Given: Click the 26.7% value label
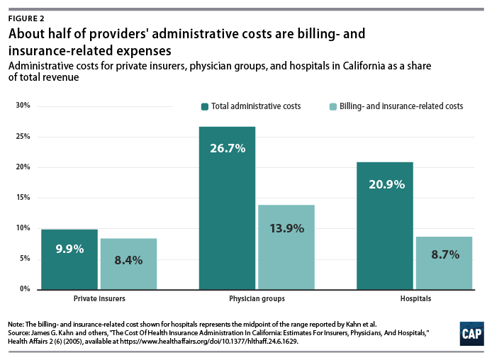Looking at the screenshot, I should [x=227, y=148].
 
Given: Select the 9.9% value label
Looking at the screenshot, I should [x=69, y=249].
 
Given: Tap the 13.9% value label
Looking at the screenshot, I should [x=286, y=227].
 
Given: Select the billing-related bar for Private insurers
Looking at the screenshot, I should [x=128, y=264].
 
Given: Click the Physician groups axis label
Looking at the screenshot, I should [x=257, y=299].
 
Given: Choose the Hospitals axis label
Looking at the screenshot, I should [x=414, y=299].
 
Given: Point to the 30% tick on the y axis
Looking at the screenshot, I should [x=23, y=106].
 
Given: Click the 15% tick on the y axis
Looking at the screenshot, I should [x=23, y=198].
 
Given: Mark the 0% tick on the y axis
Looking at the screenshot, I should [x=24, y=289].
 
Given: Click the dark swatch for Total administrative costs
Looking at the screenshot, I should [x=204, y=106].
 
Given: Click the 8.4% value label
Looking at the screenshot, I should [x=128, y=259].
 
